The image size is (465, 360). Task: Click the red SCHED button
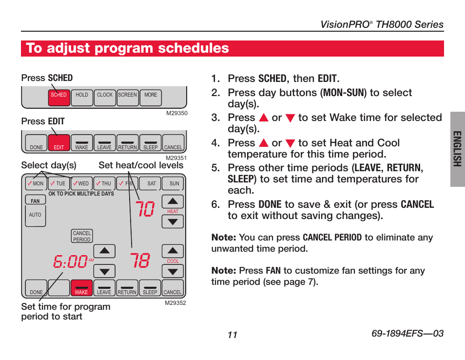point(58,97)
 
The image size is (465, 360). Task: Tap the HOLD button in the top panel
point(82,97)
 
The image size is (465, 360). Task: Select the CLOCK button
point(105,97)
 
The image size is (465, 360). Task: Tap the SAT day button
point(152,183)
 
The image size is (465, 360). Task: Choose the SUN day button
point(174,183)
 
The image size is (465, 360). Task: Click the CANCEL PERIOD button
point(82,237)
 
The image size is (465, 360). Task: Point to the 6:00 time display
point(71,262)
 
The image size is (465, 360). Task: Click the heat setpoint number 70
point(145,209)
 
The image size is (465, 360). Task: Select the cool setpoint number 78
point(140,261)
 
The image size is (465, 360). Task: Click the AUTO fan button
point(35,215)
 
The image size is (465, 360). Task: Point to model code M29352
point(176,303)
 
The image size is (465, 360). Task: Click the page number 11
point(232,335)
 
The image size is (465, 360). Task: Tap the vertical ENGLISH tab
point(457,149)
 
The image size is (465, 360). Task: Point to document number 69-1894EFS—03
point(407,334)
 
